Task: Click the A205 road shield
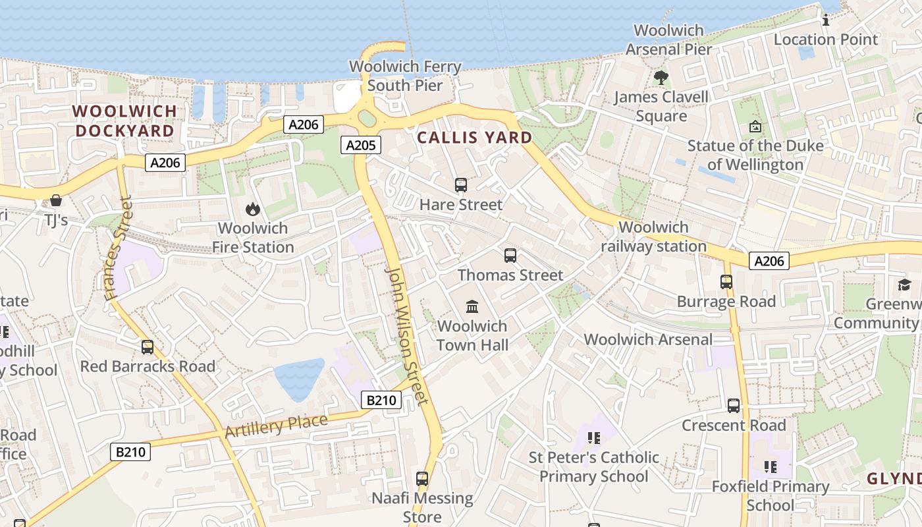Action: pos(361,145)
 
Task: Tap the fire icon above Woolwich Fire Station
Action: pos(252,209)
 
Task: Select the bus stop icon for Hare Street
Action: pos(461,185)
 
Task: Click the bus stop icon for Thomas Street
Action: pos(510,256)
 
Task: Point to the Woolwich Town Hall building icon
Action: pos(472,306)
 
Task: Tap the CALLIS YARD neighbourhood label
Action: pos(475,138)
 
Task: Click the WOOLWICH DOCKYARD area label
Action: pos(124,121)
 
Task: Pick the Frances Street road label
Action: pos(119,248)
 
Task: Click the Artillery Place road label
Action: pos(276,426)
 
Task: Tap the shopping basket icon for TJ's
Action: pos(56,200)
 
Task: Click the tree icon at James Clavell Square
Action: pos(661,78)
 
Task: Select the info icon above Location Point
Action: pos(826,20)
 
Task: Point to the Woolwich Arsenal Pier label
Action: pos(668,40)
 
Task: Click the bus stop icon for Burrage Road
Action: pos(726,282)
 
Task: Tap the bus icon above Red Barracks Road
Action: pos(148,347)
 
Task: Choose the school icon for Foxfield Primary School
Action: pos(771,467)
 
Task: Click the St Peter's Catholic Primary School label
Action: pos(594,466)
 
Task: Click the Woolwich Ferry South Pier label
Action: pos(405,76)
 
